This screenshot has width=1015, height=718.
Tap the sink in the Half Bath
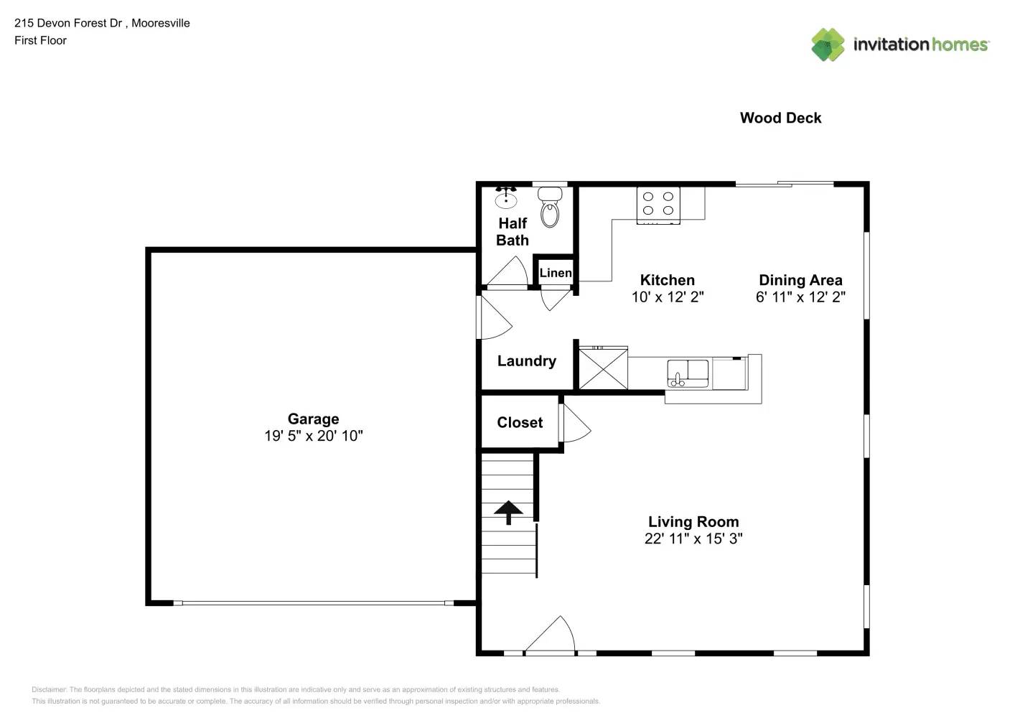coord(506,197)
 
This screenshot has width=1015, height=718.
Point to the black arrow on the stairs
coord(508,512)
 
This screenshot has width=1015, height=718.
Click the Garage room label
coord(313,419)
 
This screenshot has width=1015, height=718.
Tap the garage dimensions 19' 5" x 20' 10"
coord(313,436)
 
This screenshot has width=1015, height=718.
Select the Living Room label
coord(693,522)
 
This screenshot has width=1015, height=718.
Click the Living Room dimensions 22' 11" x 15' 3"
coord(693,538)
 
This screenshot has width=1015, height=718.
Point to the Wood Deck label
coord(780,118)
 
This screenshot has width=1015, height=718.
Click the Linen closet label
coord(555,273)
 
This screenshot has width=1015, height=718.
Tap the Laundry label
coord(526,361)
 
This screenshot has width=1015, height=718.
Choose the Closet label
coord(520,423)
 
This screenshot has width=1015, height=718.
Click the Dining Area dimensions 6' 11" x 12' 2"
coord(800,297)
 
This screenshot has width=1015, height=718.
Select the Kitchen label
coord(667,280)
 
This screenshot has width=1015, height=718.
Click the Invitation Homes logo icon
coord(828,45)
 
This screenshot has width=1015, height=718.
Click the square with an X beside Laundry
coord(603,369)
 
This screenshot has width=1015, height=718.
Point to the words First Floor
coord(40,41)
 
